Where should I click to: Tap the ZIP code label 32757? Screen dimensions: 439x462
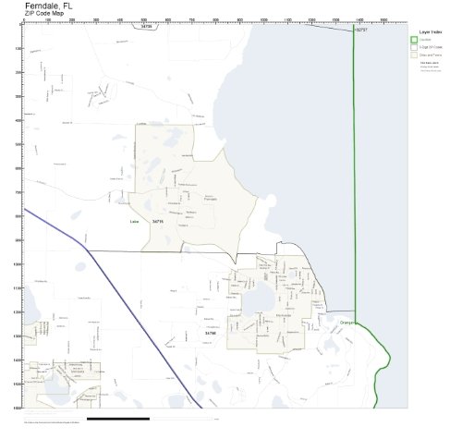click(359, 30)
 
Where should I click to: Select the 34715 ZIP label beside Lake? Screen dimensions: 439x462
click(157, 222)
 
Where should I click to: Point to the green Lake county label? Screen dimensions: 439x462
click(135, 222)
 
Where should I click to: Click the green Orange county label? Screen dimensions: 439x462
click(347, 322)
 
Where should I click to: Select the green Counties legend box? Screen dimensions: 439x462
click(414, 41)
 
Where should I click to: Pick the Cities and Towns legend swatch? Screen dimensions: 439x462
click(414, 55)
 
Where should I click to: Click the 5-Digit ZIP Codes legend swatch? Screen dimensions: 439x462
click(414, 48)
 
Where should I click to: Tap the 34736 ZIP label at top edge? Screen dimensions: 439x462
click(146, 27)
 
